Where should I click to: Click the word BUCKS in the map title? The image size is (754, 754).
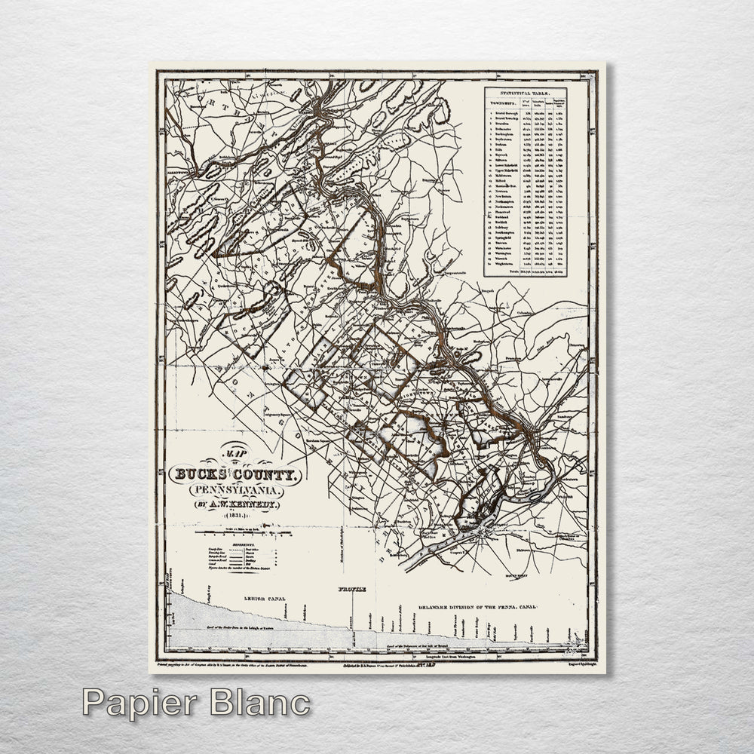(200, 474)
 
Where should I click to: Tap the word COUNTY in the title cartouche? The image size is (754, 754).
(268, 474)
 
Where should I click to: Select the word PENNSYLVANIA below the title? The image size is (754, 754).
(233, 489)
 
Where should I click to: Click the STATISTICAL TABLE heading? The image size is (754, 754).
(535, 93)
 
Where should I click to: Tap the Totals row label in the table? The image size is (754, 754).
(514, 271)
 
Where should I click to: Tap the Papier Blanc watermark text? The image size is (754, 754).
(196, 703)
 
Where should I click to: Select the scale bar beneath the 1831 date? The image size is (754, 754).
(233, 533)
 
